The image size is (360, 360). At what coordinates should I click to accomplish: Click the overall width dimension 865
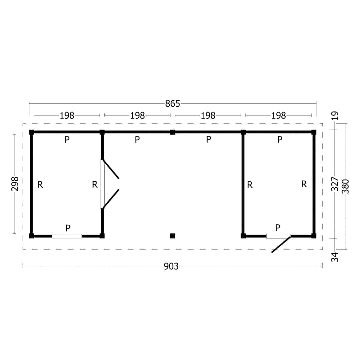[172, 104]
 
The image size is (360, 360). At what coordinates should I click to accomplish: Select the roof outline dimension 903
[171, 266]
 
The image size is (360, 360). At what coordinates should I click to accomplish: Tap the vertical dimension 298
[15, 184]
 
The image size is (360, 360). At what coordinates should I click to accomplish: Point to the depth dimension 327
[335, 184]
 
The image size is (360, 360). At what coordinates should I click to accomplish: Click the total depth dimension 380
[345, 186]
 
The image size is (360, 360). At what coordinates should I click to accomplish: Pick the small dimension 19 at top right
[335, 115]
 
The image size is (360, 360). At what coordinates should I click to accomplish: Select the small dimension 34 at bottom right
[335, 257]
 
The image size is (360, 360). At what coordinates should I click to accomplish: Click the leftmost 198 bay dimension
[67, 115]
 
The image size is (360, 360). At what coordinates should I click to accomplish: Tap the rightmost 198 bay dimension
[278, 115]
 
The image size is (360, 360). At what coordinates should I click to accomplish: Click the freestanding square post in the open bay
[173, 236]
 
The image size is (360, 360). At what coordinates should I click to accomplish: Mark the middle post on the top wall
[173, 132]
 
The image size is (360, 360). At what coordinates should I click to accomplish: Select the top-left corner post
[32, 132]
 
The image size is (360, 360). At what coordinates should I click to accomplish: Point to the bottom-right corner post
[314, 236]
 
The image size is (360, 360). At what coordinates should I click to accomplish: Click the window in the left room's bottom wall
[67, 236]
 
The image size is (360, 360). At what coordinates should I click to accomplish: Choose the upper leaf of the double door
[111, 169]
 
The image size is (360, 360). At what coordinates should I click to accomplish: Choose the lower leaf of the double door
[111, 199]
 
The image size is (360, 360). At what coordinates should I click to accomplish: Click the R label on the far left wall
[40, 184]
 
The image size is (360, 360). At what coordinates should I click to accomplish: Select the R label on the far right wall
[304, 184]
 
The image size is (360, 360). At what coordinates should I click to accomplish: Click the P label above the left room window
[68, 228]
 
